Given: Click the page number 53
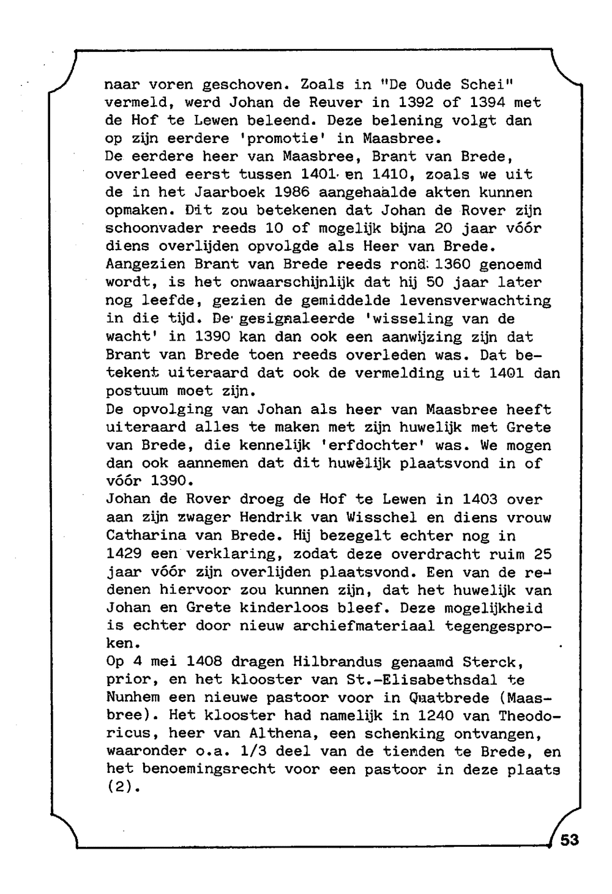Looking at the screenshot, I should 569,840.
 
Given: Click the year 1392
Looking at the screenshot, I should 417,102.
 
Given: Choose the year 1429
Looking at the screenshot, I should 124,553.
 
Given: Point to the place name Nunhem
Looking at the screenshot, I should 133,698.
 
